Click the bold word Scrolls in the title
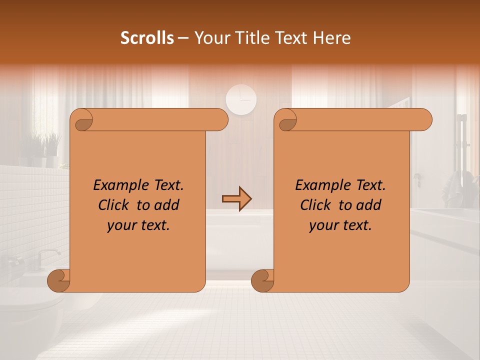[147, 38]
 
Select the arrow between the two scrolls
[236, 199]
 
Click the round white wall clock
[241, 99]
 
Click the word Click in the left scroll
[114, 205]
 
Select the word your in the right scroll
[323, 225]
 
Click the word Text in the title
[291, 38]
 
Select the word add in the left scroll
[167, 205]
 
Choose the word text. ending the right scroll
[356, 225]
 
